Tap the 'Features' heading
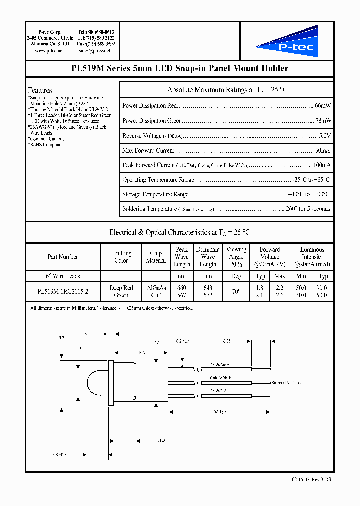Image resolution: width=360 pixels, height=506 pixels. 40,90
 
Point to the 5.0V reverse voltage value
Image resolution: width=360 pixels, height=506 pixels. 324,136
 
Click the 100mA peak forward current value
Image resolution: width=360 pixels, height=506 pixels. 322,165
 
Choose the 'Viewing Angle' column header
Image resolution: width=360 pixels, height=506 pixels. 236,256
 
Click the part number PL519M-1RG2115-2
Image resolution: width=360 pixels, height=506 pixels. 63,291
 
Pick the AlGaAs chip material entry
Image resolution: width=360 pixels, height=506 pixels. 156,288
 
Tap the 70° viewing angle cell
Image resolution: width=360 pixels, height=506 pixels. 236,291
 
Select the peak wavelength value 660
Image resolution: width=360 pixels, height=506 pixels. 181,288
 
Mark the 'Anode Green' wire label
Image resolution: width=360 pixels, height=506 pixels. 219,364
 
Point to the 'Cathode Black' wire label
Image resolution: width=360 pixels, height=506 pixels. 220,378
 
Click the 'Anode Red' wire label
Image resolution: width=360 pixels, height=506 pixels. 218,391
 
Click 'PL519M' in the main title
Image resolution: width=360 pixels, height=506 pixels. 88,68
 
